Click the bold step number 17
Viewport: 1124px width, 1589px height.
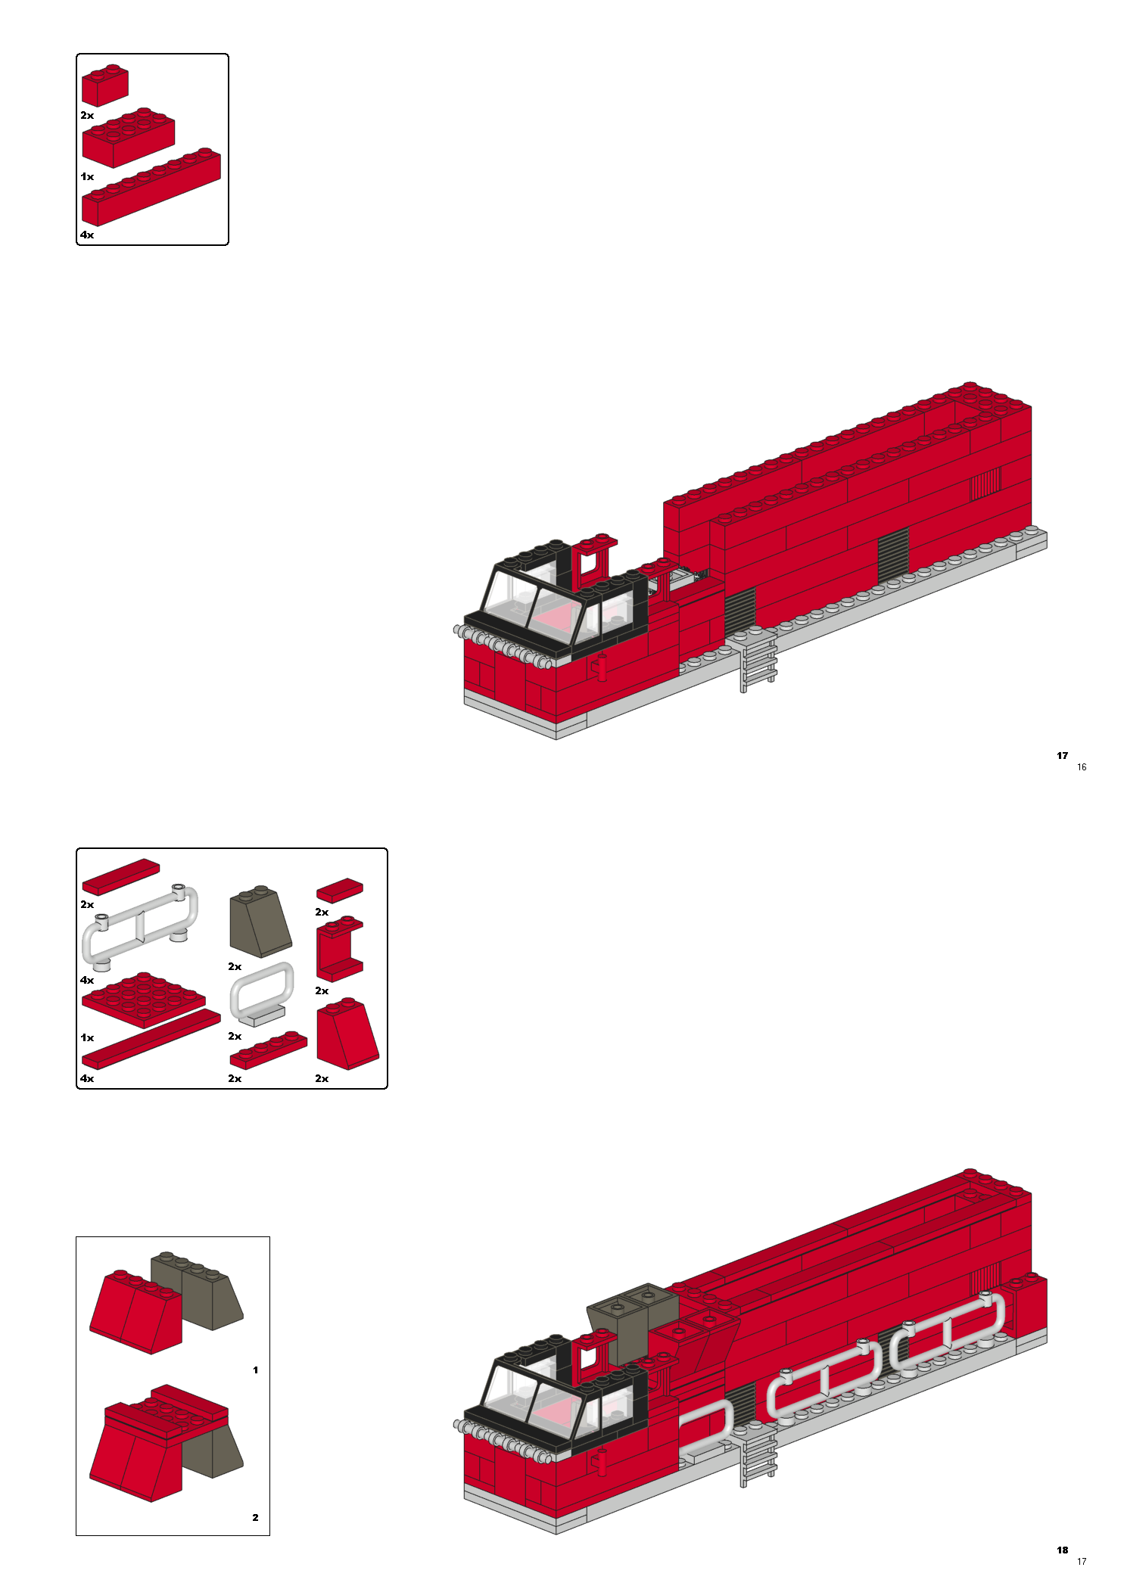pos(1062,756)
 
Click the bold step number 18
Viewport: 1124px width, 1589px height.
pos(1062,1550)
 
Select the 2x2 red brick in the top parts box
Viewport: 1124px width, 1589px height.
pos(104,85)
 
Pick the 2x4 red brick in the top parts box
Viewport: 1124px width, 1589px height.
pos(129,137)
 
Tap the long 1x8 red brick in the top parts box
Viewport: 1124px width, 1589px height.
pos(151,187)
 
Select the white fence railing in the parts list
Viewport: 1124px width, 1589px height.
pos(141,927)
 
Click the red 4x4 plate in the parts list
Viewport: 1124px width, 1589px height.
pos(144,1000)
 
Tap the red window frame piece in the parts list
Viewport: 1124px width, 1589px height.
pos(340,949)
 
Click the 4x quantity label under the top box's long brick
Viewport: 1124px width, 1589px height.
pos(87,235)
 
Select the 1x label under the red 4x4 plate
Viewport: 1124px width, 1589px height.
pos(87,1038)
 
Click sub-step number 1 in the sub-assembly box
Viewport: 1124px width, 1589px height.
pos(256,1370)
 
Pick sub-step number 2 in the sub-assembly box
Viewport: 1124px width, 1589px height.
pos(256,1518)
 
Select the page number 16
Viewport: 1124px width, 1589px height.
pos(1082,767)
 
